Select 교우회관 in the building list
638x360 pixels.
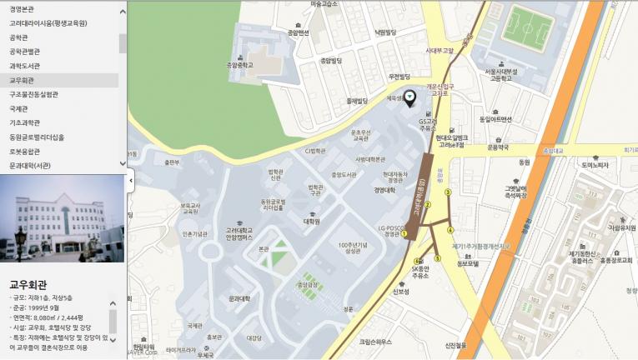pos(23,81)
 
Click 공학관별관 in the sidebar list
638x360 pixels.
pos(25,51)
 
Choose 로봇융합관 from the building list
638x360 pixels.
pos(25,152)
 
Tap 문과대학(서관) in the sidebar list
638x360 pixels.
pos(30,166)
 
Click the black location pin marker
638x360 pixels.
pos(409,98)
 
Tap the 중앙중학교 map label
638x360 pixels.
pos(239,63)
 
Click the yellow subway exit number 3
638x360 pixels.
pos(448,192)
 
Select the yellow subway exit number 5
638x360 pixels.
pos(436,258)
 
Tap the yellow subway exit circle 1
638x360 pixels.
pos(405,234)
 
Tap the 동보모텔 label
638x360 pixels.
pos(465,264)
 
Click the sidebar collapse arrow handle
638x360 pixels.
pos(130,180)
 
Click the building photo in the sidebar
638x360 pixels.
pos(62,218)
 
